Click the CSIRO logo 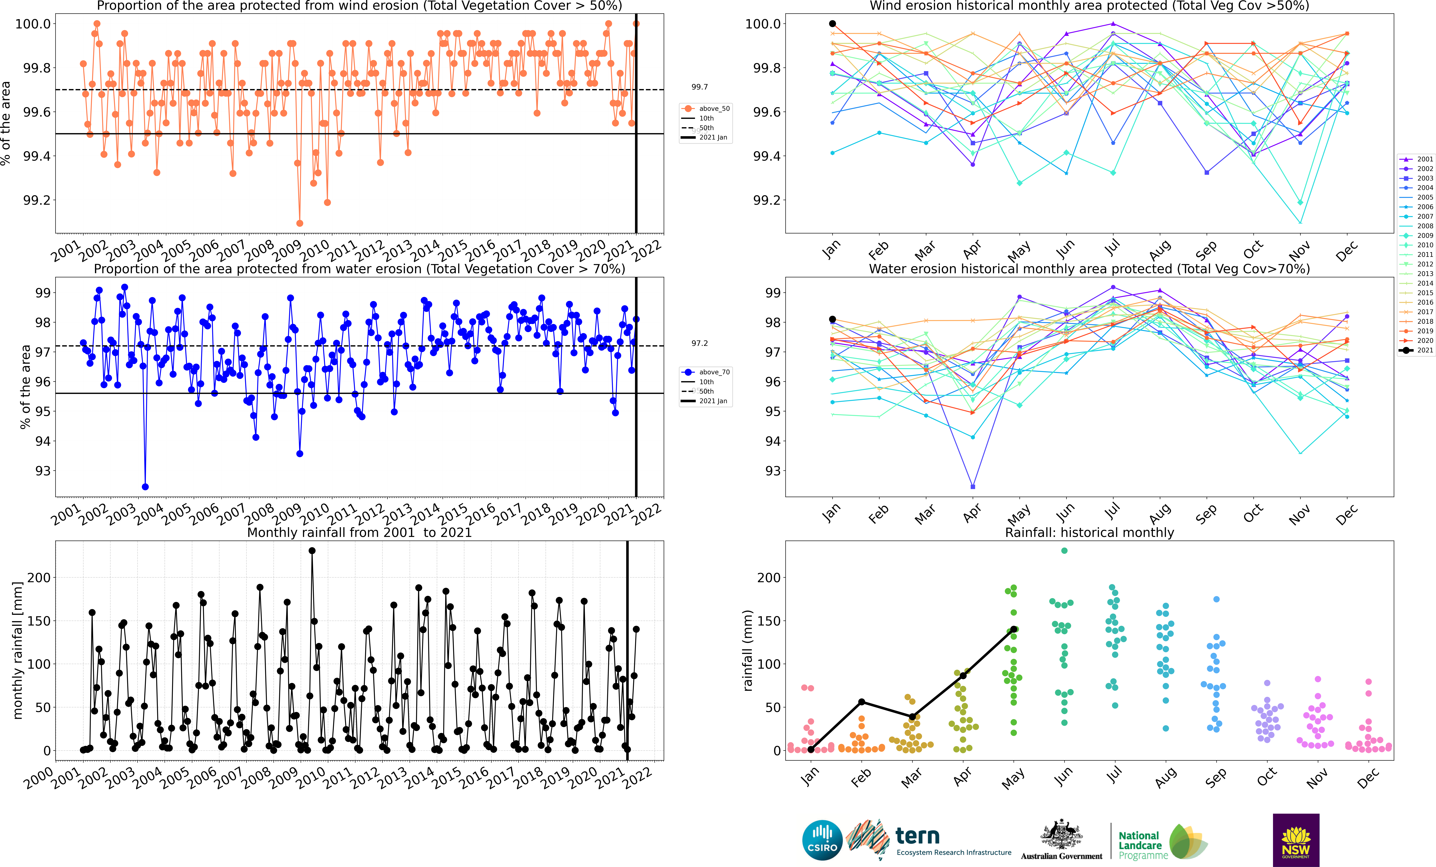pos(822,840)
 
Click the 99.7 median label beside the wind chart pos(699,87)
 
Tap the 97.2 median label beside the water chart pos(699,343)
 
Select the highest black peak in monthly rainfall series pos(312,550)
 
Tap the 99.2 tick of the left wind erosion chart pos(36,200)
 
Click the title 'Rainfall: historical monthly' pos(1089,532)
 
